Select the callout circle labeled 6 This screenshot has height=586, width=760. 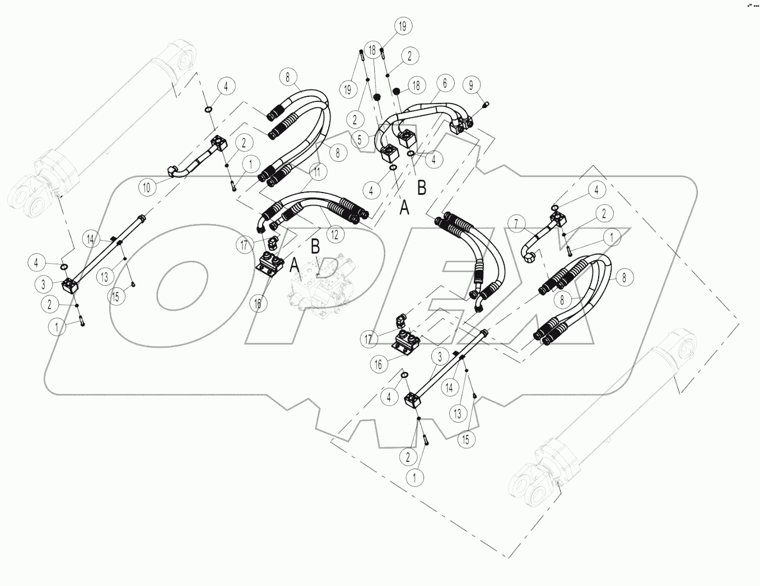pos(444,83)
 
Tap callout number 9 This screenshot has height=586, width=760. pos(471,85)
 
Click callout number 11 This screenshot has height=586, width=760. pos(317,172)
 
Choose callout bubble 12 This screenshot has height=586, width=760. pos(334,235)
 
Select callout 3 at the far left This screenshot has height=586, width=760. pos(43,284)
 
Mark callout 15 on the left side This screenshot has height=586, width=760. pos(115,297)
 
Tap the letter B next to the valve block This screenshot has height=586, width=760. pos(315,245)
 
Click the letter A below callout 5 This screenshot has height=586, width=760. pos(404,209)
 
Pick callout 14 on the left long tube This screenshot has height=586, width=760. pos(91,238)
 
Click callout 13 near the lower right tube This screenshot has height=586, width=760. pos(457,414)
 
